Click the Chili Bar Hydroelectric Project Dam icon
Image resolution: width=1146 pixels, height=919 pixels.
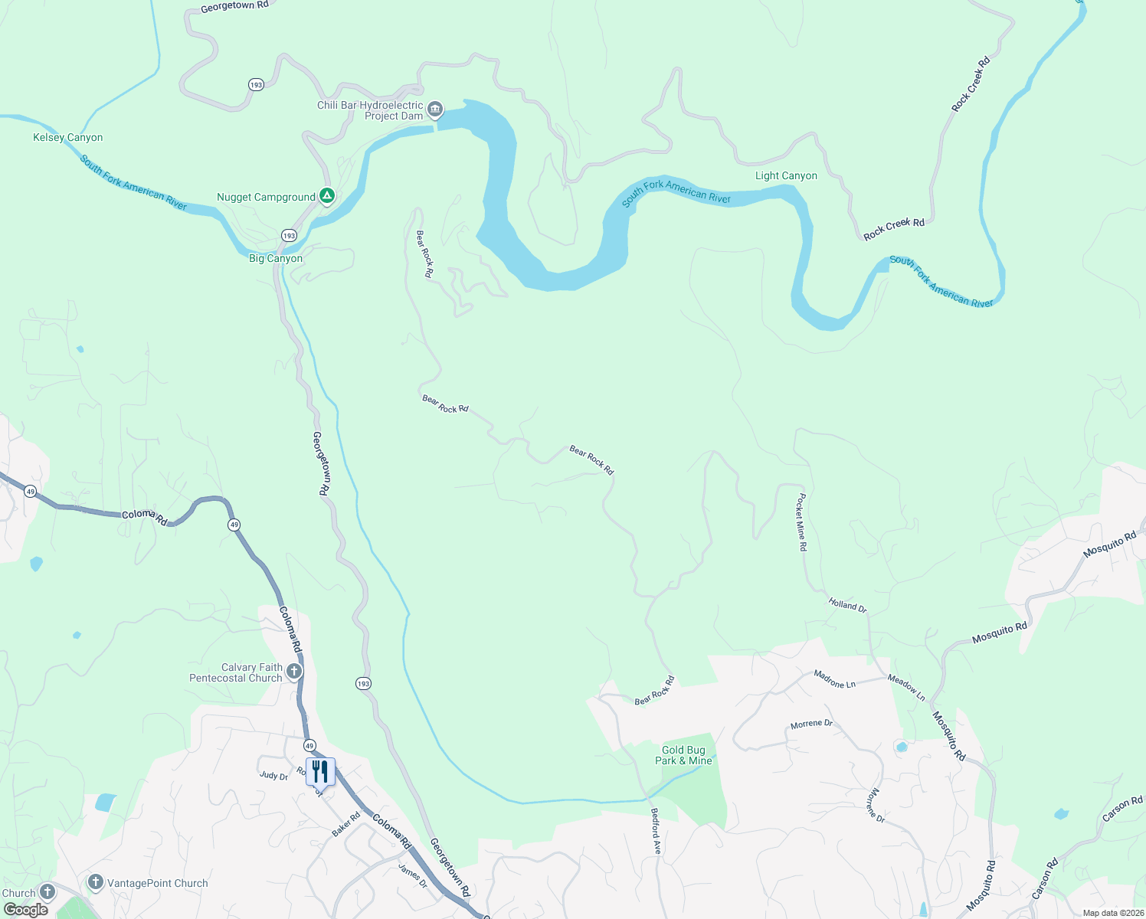click(x=435, y=110)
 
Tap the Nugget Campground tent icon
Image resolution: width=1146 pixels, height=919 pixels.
click(x=327, y=197)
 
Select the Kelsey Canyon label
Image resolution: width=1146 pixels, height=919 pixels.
click(x=67, y=138)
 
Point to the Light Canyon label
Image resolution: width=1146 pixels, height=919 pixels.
click(x=786, y=176)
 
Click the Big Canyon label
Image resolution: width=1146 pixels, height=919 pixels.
click(x=276, y=259)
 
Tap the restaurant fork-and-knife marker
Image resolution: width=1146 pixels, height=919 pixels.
click(x=320, y=771)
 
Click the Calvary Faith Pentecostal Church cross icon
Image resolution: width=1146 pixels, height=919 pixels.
click(x=293, y=672)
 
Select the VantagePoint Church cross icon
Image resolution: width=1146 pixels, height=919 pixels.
click(x=96, y=882)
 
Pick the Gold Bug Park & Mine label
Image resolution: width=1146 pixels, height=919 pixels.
click(x=683, y=756)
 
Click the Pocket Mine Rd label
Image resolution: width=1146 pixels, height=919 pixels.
click(x=801, y=522)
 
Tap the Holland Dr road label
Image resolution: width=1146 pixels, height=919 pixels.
click(x=847, y=606)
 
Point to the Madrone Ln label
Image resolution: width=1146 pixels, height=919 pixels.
click(x=834, y=679)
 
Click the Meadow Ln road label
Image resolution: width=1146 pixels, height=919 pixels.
click(x=906, y=688)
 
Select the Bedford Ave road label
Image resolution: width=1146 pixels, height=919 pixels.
click(x=656, y=831)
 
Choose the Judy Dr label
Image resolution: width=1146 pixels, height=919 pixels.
click(x=273, y=776)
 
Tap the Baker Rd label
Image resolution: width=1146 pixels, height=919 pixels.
click(x=346, y=824)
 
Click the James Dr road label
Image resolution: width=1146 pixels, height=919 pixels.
click(x=413, y=876)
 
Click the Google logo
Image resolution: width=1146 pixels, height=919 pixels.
click(x=26, y=910)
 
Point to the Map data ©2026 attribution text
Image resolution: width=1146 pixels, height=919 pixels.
click(x=1113, y=913)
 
